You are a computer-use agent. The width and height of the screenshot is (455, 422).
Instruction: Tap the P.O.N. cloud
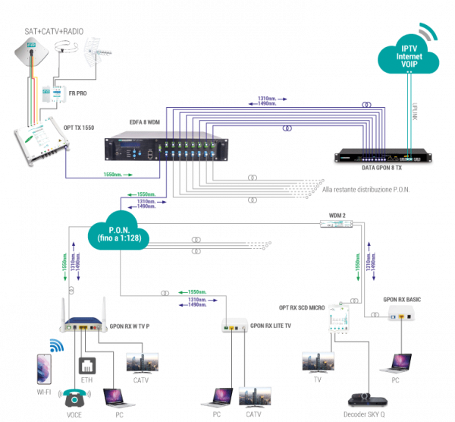[x=119, y=234]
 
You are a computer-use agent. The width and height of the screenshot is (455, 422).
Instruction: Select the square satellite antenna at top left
[x=30, y=53]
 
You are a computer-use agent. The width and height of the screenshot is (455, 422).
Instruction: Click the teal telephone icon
[x=74, y=398]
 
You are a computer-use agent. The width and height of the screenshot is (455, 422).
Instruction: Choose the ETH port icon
[x=86, y=367]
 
